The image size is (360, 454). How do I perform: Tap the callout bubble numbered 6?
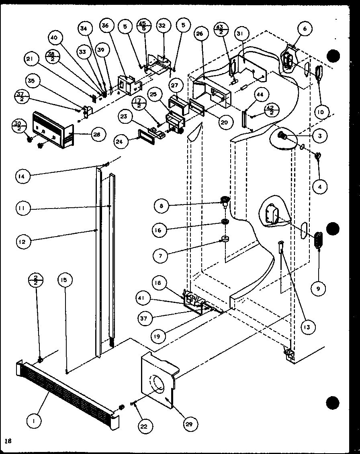(305, 29)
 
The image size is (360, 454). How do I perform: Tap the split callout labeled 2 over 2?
(36, 280)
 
